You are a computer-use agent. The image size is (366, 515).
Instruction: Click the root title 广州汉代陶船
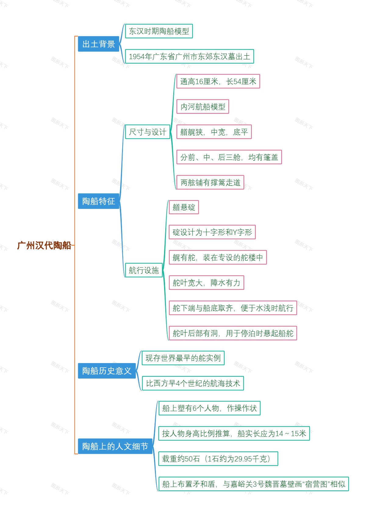44,245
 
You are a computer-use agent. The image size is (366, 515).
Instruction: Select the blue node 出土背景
99,44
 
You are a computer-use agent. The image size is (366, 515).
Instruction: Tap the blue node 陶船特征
99,201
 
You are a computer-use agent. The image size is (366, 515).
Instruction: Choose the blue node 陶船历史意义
107,371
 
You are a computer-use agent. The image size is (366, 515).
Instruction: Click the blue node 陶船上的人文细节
115,446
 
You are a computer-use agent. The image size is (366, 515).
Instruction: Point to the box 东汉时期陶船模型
159,31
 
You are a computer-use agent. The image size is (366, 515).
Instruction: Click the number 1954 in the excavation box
136,57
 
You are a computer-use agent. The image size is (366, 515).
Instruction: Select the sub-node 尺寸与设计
148,132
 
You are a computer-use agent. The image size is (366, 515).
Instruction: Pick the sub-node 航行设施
144,270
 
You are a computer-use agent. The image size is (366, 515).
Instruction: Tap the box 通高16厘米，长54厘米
218,82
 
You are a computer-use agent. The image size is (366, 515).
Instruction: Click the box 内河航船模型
203,107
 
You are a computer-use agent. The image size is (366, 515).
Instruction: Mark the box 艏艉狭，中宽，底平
214,132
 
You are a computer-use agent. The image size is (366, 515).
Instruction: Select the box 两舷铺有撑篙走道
210,182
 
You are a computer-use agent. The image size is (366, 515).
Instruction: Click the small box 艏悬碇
184,207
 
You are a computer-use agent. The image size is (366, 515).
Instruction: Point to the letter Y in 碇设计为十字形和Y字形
235,233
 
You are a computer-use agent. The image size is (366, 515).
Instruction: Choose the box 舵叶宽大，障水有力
206,283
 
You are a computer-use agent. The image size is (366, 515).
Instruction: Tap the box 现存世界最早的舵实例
183,358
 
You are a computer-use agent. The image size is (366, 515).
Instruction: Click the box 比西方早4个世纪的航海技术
193,383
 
